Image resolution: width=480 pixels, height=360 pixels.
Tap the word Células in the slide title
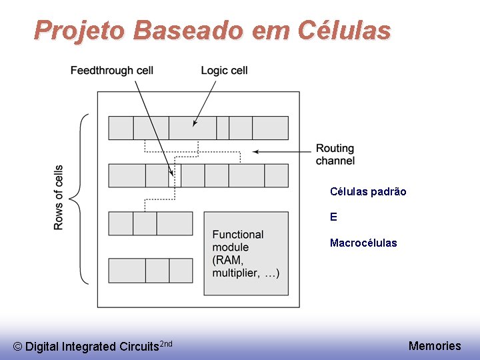[345, 30]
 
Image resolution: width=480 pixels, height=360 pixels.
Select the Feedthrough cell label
[112, 71]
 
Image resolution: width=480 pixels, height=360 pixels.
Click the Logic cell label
[224, 71]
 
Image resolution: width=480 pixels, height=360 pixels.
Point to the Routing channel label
[335, 154]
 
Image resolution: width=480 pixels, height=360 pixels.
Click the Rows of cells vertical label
[59, 197]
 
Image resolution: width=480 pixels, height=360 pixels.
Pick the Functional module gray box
[246, 253]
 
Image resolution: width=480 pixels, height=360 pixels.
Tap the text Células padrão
[368, 191]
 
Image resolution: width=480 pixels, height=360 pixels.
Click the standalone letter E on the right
[333, 217]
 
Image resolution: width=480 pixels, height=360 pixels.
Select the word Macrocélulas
[363, 243]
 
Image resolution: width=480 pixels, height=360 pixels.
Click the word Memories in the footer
[435, 345]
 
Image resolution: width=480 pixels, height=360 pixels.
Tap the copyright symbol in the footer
[18, 347]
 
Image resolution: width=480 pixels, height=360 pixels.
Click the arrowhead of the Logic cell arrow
[195, 123]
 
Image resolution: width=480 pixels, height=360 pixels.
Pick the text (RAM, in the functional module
[228, 260]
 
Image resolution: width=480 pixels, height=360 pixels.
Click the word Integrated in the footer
[88, 347]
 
